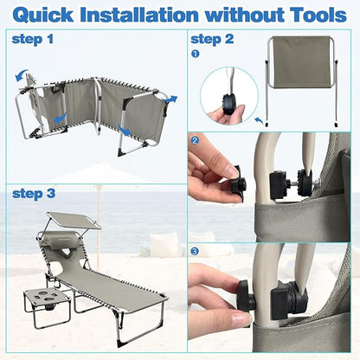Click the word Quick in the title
[43, 15]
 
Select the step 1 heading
[33, 39]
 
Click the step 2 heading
[212, 39]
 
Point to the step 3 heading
[34, 194]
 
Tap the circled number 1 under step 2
[196, 54]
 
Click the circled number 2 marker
[196, 140]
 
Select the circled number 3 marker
[196, 252]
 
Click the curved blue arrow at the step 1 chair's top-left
[21, 74]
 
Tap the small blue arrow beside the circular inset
[260, 120]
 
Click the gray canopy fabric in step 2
[301, 61]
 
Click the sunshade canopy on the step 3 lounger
[74, 220]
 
